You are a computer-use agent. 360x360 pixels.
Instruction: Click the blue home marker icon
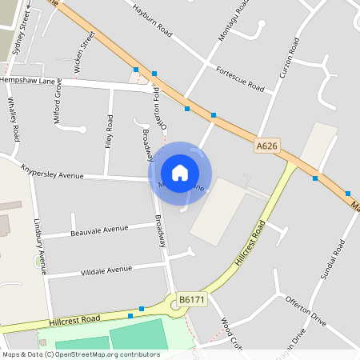tap(180, 173)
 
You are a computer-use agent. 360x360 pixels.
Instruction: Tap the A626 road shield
tap(267, 146)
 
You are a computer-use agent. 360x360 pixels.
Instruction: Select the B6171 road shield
tap(191, 299)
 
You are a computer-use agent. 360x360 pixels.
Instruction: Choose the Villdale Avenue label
tap(106, 270)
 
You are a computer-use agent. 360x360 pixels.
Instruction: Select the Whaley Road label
tap(12, 117)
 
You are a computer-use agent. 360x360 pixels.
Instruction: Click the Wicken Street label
tap(78, 53)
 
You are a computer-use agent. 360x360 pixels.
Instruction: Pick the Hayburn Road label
tap(154, 19)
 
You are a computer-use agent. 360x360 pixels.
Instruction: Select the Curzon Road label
tap(289, 59)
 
